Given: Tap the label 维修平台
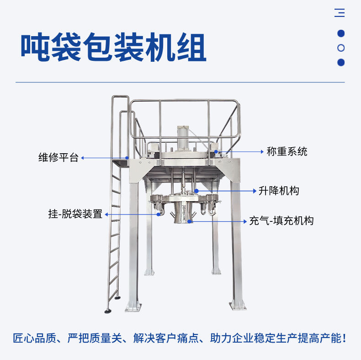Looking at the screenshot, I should [x=58, y=158].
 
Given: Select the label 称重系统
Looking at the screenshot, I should [x=287, y=151].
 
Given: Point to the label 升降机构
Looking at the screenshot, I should [x=278, y=191].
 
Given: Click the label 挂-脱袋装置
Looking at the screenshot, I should [x=75, y=214].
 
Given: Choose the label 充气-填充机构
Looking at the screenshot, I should [x=281, y=220].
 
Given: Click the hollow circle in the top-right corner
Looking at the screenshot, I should [x=340, y=48].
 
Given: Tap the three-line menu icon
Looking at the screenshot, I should [x=340, y=13].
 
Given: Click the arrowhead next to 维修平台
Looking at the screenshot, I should [x=83, y=158].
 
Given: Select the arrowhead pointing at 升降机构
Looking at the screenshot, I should [x=255, y=191].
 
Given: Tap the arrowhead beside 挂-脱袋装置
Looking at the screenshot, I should [x=106, y=214].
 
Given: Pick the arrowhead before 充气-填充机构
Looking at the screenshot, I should [x=245, y=221].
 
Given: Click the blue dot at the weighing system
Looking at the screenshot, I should [x=216, y=151].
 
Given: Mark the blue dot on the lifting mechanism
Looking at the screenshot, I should [x=196, y=190].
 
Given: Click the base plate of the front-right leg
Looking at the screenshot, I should [x=238, y=305].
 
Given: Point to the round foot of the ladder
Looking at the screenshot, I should [x=107, y=312].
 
